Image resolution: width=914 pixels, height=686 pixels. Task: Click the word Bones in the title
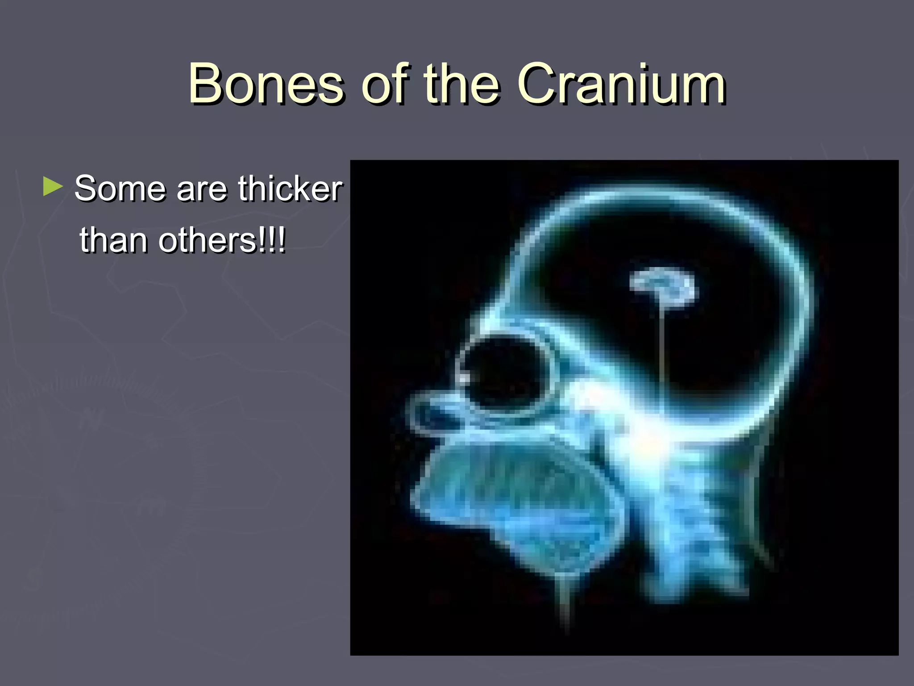pos(266,84)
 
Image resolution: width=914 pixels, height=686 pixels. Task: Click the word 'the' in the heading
pos(461,84)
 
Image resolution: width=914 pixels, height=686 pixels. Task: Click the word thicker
pos(290,188)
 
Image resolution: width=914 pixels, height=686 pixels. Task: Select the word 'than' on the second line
pos(115,240)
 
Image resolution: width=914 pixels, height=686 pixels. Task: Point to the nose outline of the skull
pos(428,413)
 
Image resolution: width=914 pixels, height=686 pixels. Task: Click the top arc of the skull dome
pos(661,197)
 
